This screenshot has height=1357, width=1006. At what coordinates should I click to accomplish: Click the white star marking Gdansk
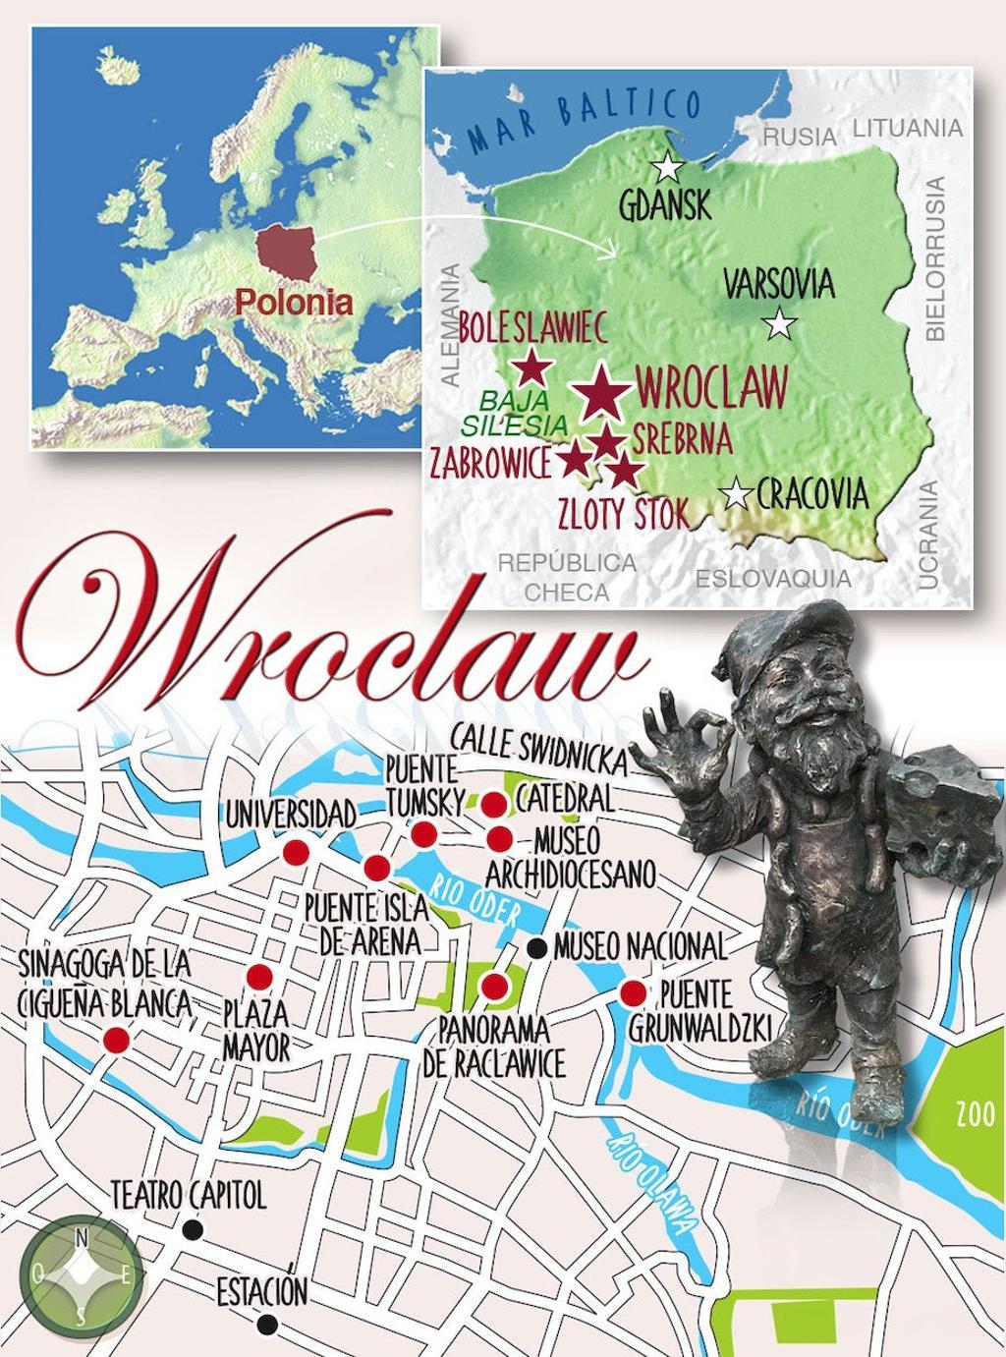point(667,168)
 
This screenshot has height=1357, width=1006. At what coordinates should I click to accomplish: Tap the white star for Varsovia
point(781,323)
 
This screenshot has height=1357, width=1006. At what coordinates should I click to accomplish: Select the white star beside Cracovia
point(737,494)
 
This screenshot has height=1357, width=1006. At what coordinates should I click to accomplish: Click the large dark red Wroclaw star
point(601,394)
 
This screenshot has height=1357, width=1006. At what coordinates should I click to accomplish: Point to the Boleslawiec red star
point(532,368)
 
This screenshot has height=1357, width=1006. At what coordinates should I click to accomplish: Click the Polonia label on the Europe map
point(294,302)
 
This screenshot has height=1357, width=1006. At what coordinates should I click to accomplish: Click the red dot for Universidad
point(294,852)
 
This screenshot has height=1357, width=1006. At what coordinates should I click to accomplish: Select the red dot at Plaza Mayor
point(259,977)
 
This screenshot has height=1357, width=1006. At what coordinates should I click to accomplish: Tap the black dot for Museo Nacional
point(537,947)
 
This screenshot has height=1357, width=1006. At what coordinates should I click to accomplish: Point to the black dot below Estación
point(265,1326)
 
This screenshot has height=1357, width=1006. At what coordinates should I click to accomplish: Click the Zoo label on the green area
point(970,1115)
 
